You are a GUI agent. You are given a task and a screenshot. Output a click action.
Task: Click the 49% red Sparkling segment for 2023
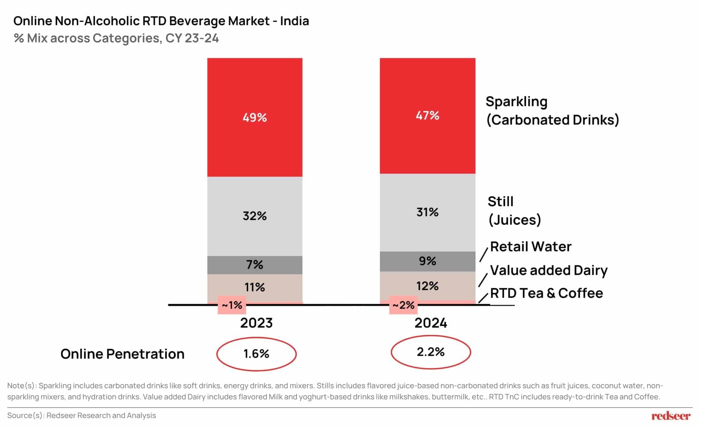click(x=255, y=117)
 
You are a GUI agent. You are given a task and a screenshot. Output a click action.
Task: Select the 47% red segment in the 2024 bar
click(x=427, y=115)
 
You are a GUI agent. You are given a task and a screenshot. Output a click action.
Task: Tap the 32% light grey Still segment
click(x=255, y=216)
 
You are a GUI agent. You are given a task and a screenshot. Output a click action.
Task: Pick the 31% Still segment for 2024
click(x=427, y=212)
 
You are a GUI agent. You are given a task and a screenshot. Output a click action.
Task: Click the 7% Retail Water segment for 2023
click(x=255, y=265)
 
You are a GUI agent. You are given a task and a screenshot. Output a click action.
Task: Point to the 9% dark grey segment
click(x=427, y=261)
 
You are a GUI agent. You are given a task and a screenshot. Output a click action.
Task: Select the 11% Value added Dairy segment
click(x=255, y=287)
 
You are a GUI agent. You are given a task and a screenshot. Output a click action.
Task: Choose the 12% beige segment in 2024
click(x=427, y=286)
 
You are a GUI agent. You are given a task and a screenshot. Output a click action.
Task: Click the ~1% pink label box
click(x=232, y=305)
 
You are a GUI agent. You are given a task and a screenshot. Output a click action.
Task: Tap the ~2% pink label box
click(x=403, y=305)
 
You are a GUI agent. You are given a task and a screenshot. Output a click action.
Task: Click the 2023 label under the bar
click(x=256, y=323)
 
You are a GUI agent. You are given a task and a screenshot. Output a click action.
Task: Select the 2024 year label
click(x=431, y=323)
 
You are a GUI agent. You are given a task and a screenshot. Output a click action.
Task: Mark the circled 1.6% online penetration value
click(x=256, y=354)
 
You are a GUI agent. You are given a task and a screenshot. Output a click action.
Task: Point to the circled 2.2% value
click(x=431, y=352)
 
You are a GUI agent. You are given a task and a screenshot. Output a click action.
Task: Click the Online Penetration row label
click(x=122, y=354)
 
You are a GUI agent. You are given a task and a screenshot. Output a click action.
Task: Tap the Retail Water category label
click(x=531, y=247)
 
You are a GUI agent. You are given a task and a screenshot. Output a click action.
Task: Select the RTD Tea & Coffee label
click(x=546, y=293)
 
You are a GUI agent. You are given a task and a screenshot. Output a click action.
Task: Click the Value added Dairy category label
click(x=549, y=270)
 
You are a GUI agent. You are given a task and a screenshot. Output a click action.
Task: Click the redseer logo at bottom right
click(x=671, y=416)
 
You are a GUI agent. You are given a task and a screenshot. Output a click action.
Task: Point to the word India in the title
click(x=294, y=21)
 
